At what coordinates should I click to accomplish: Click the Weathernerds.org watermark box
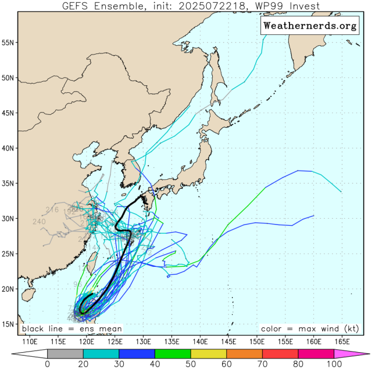point(309,26)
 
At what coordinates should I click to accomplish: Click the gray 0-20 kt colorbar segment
point(65,353)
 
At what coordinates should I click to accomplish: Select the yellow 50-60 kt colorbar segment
point(208,353)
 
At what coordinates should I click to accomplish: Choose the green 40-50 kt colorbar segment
point(173,353)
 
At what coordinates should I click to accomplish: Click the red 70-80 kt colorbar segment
point(280,353)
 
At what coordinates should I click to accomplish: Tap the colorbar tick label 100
point(334,364)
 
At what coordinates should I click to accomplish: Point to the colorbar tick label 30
point(119,364)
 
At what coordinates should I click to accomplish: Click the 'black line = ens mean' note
point(64,329)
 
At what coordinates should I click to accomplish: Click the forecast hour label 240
point(40,222)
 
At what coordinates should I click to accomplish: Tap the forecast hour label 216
point(52,209)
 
